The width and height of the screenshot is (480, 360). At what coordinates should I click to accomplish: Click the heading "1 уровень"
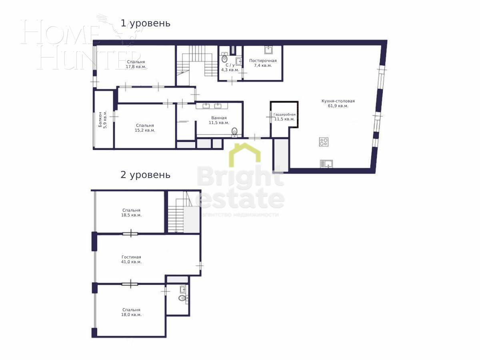tap(146, 23)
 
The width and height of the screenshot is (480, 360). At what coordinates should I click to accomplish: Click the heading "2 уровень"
tap(146, 175)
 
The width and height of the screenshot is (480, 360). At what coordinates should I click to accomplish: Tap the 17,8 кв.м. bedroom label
tap(136, 64)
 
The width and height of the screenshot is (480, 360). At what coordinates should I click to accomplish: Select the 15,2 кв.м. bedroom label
tap(145, 128)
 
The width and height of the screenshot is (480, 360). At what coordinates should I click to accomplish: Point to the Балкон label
tap(102, 120)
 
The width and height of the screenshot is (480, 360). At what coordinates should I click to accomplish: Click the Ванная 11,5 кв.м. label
tap(219, 120)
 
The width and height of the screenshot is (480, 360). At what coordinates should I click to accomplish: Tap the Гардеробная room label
tap(284, 117)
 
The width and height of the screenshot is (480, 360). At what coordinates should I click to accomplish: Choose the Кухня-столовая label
tap(338, 103)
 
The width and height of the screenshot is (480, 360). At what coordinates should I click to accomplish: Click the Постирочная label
tap(263, 63)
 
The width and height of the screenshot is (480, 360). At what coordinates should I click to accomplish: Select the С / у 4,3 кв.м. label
tap(230, 67)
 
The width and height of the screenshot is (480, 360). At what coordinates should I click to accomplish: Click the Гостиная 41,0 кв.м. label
tap(131, 259)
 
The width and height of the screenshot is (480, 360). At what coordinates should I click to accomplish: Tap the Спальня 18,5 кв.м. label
tap(131, 212)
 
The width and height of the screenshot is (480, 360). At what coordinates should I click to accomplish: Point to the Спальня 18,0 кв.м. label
tap(131, 312)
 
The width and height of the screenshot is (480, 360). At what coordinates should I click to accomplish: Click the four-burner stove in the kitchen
tap(324, 142)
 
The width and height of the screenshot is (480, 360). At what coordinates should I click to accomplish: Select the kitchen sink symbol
tap(326, 163)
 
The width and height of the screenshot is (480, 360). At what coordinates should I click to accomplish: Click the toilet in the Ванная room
tap(235, 131)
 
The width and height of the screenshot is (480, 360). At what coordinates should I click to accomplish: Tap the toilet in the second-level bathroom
tap(183, 298)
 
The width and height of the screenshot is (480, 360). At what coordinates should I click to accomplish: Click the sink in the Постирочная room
tap(268, 50)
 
